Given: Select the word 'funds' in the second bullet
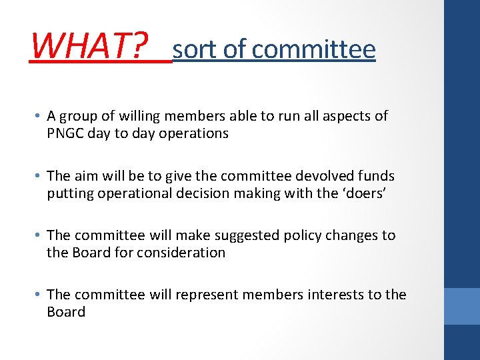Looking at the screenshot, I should pyautogui.click(x=376, y=176).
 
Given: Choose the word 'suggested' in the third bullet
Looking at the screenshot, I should pyautogui.click(x=244, y=235).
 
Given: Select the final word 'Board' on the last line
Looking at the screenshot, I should pyautogui.click(x=66, y=312).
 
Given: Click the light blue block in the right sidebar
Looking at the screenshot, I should pyautogui.click(x=462, y=305).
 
